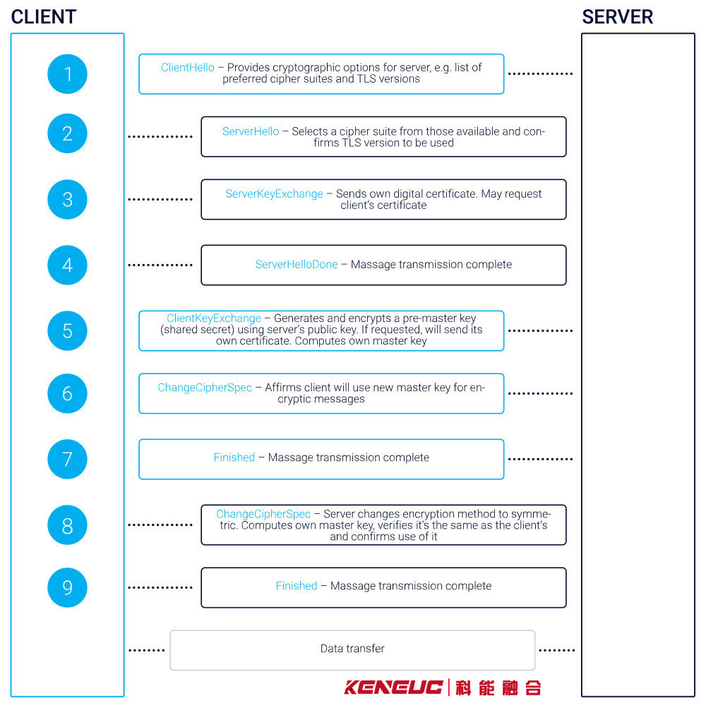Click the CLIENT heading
pos(44,17)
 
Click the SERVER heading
pos(617,17)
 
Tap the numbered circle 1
pos(68,74)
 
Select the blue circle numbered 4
pos(68,265)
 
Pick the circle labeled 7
pos(68,460)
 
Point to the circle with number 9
pos(68,587)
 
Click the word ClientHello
pos(188,68)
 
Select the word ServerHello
pos(251,131)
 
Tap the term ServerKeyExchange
pos(274,194)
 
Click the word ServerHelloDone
pos(297,264)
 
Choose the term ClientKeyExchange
pos(214,318)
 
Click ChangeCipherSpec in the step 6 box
pos(205,388)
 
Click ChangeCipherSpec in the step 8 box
pos(263,514)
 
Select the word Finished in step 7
pos(234,457)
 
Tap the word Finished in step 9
pos(297,586)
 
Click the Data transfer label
pos(352,648)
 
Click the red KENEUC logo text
pos(393,688)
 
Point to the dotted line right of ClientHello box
pos(540,73)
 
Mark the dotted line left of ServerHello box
pos(160,136)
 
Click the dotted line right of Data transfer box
pos(557,650)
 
